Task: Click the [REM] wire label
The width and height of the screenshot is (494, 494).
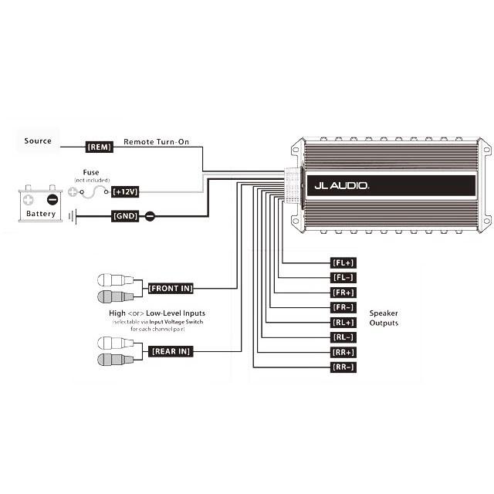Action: (100, 147)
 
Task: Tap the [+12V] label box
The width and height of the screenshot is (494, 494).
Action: (125, 191)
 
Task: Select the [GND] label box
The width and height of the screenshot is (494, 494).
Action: (125, 216)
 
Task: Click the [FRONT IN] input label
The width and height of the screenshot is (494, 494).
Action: (171, 288)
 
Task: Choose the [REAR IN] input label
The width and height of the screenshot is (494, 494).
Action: (171, 351)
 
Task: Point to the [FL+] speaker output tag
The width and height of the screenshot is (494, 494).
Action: (343, 262)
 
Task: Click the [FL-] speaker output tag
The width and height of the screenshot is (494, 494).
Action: (343, 278)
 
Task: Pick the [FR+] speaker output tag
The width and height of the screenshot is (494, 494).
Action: (343, 293)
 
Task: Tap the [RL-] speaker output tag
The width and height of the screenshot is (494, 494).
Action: (343, 337)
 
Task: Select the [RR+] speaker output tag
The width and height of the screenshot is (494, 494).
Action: (343, 352)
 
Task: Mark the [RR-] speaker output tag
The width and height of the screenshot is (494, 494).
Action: (343, 367)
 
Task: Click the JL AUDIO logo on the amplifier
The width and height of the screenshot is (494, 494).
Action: (341, 185)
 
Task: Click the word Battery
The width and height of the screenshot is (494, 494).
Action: (41, 214)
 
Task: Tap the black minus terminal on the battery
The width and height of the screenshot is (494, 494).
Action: (52, 200)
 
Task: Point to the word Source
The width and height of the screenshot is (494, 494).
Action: (38, 140)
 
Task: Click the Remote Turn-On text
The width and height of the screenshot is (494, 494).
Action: (156, 142)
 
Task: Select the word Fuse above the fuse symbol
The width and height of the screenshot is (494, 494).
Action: (91, 172)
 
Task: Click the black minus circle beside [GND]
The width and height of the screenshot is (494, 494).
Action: (150, 216)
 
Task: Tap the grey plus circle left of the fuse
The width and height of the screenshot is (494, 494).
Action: (73, 191)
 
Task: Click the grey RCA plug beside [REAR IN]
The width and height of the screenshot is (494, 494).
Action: (116, 360)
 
